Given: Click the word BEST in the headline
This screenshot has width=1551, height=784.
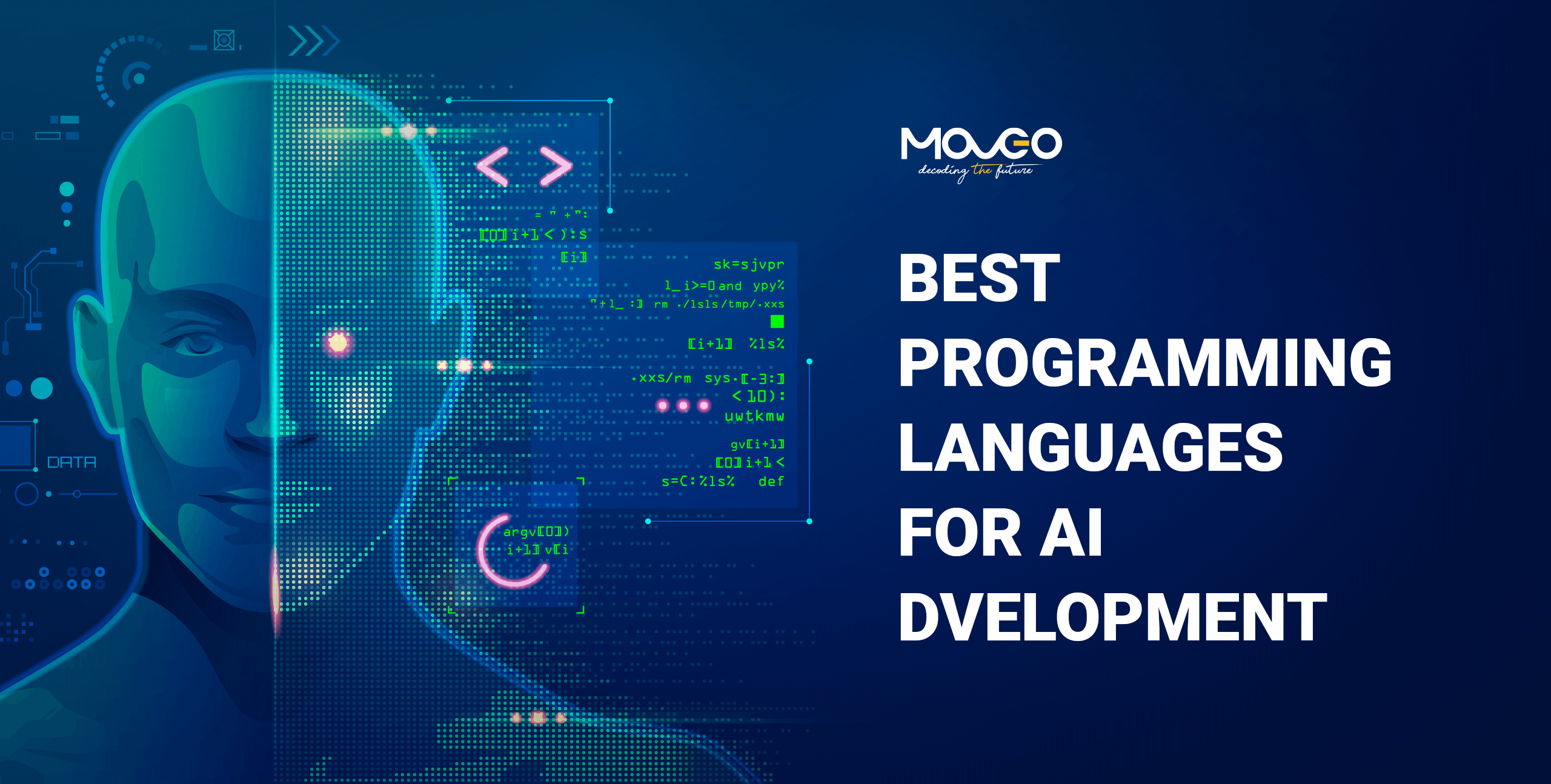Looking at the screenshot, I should [x=979, y=278].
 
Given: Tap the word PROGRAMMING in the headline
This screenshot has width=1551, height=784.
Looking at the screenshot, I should [x=1145, y=363].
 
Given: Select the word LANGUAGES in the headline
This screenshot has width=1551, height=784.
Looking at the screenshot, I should [x=1091, y=448].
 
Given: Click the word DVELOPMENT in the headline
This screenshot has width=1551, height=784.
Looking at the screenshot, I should [x=1112, y=617].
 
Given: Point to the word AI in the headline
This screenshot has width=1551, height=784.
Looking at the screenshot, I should [x=1071, y=533].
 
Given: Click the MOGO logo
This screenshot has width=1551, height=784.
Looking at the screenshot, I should [x=981, y=144].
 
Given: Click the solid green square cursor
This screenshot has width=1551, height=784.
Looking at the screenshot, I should [x=777, y=321].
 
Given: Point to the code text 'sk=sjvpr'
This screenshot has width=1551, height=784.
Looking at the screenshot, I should [x=748, y=264].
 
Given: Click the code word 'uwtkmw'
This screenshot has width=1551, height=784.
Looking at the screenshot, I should [x=754, y=416].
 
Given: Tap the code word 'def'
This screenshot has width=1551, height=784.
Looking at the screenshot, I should [x=771, y=481].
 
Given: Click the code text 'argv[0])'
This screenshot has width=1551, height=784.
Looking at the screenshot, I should [x=536, y=531].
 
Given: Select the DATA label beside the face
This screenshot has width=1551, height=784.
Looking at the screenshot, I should [x=71, y=462].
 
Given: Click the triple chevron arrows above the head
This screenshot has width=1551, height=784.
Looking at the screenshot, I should [x=314, y=41].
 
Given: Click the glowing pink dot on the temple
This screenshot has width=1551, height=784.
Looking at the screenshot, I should [x=338, y=343].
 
